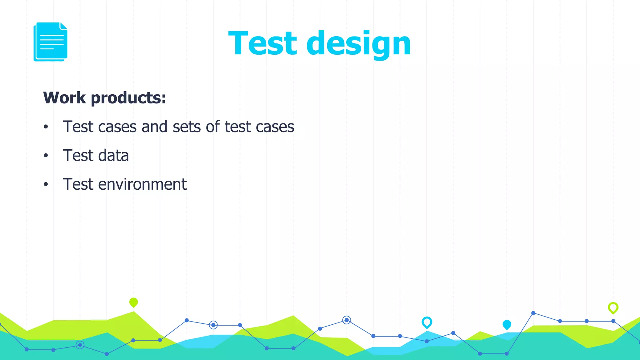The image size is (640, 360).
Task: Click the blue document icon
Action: pos(50,42)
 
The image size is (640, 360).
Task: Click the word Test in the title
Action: pos(262,43)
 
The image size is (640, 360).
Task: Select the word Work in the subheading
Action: pos(64,98)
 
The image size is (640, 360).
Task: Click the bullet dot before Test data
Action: pos(46,155)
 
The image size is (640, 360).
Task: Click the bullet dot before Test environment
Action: pos(46,184)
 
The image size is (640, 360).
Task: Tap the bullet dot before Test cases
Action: pos(46,127)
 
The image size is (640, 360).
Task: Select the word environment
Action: pos(142,184)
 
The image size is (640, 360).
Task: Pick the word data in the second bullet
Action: pos(113,156)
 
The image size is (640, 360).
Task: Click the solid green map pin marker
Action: pos(133,302)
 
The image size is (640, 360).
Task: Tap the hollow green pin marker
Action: pos(613,308)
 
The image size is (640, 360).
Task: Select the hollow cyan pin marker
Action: pos(427,322)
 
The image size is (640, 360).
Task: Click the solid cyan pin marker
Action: pos(507,325)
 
